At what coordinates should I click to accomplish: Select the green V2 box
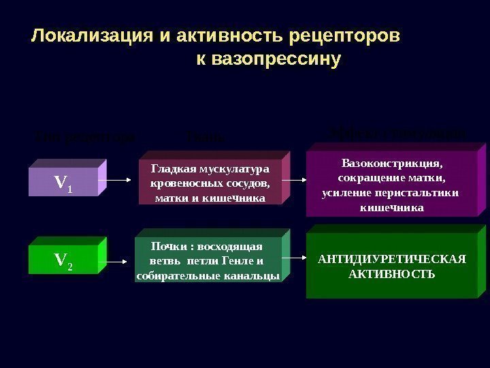62,260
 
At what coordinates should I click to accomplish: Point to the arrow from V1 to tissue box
122,181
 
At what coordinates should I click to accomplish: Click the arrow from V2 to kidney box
122,260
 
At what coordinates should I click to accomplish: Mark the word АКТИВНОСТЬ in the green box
391,274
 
